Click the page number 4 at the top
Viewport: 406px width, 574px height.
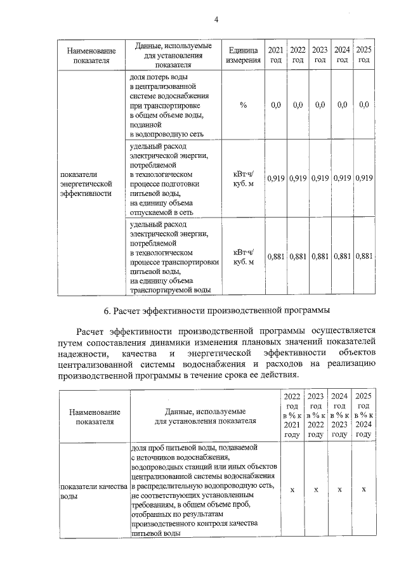216,19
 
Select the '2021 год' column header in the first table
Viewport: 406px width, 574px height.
276,55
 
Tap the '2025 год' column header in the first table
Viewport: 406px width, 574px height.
363,55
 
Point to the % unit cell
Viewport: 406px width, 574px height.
243,105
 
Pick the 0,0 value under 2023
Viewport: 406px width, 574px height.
320,105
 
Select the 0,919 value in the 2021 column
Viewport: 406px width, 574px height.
276,178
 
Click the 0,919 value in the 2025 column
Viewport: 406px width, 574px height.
363,178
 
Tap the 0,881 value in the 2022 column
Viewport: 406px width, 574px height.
298,256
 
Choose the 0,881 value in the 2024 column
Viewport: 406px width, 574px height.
342,256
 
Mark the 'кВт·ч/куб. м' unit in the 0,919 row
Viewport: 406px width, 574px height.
243,178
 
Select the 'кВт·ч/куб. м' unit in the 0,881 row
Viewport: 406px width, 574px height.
243,256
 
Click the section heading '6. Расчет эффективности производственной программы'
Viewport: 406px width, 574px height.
216,311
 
